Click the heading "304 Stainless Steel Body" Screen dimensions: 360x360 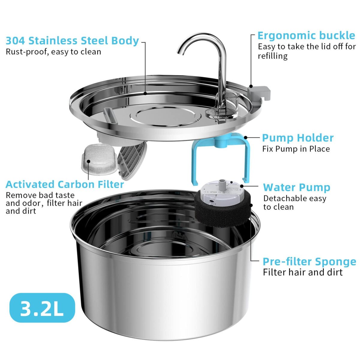click(x=72, y=40)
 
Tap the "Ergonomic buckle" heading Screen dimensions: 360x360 click(x=306, y=35)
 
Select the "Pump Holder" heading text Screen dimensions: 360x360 click(x=298, y=138)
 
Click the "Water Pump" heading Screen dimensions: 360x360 click(x=296, y=187)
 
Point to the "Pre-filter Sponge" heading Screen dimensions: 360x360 click(x=309, y=261)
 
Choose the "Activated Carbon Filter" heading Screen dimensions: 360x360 click(x=64, y=184)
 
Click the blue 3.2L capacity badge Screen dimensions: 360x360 click(x=42, y=308)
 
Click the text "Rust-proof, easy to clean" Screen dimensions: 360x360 click(x=53, y=52)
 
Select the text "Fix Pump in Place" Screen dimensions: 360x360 click(x=296, y=149)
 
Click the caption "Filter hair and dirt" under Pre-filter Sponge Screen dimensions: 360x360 click(x=302, y=272)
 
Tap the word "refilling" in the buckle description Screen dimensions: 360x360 click(x=272, y=56)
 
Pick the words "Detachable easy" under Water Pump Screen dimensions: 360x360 click(x=295, y=198)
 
